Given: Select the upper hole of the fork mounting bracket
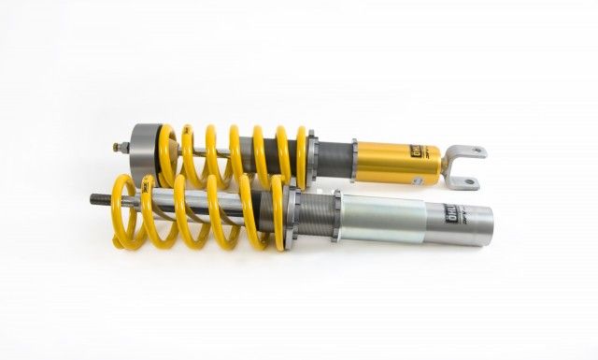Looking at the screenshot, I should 476,151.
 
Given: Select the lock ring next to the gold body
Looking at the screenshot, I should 353,155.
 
